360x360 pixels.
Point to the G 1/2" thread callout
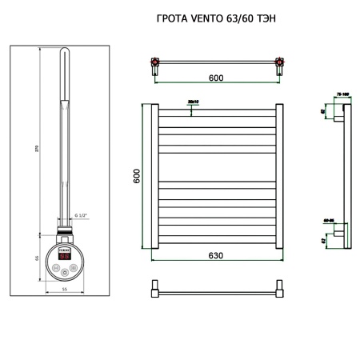tap(82, 215)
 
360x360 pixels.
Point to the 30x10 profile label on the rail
tap(192, 102)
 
